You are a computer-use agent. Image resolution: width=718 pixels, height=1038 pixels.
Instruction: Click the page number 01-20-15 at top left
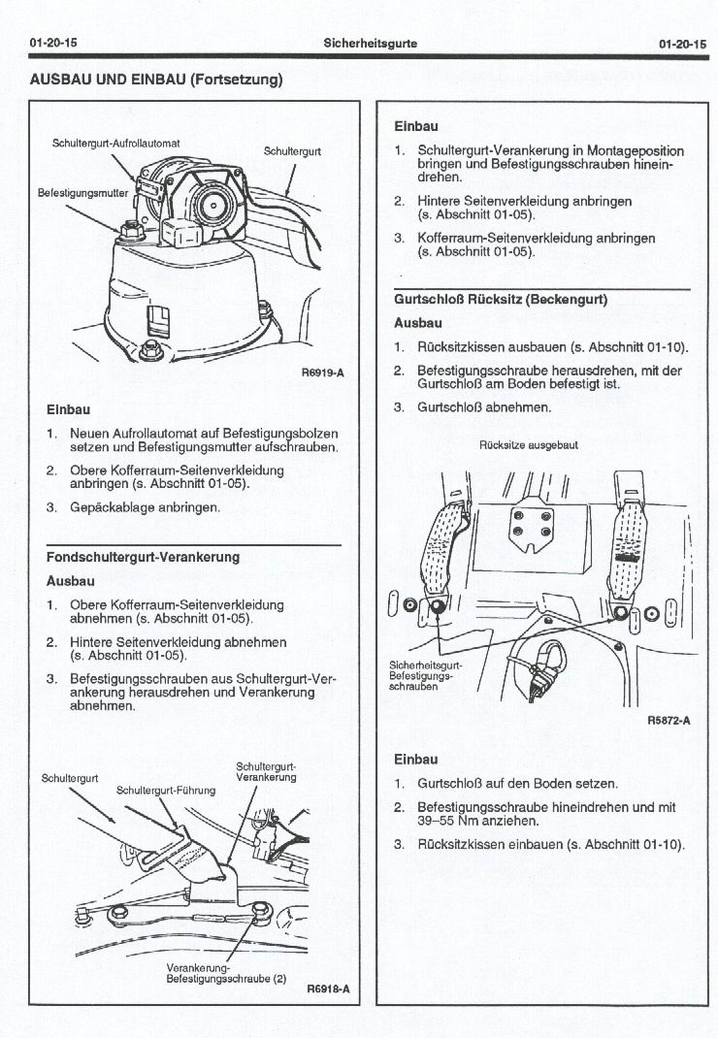point(53,44)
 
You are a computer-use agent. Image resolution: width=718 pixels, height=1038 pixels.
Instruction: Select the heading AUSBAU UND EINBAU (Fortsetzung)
point(156,79)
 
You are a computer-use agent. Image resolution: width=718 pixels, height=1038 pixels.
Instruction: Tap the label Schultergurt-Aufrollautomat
point(116,144)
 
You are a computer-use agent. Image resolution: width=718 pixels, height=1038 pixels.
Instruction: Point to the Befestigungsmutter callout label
point(82,192)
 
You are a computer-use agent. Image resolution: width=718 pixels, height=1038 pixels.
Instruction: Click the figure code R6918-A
point(327,989)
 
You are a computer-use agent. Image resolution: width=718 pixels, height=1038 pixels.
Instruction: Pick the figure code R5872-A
point(669,721)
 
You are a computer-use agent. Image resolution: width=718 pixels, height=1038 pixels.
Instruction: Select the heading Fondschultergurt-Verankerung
point(143,558)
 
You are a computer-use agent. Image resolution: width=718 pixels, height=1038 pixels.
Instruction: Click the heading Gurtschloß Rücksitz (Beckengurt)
point(501,300)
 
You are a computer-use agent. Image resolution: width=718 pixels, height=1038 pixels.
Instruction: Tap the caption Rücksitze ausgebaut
point(529,445)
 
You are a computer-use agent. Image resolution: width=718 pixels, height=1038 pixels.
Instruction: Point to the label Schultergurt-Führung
point(166,790)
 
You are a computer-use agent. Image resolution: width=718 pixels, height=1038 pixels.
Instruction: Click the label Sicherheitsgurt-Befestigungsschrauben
point(427,675)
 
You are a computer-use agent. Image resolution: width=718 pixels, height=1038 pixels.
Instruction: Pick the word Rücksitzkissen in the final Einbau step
point(465,844)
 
